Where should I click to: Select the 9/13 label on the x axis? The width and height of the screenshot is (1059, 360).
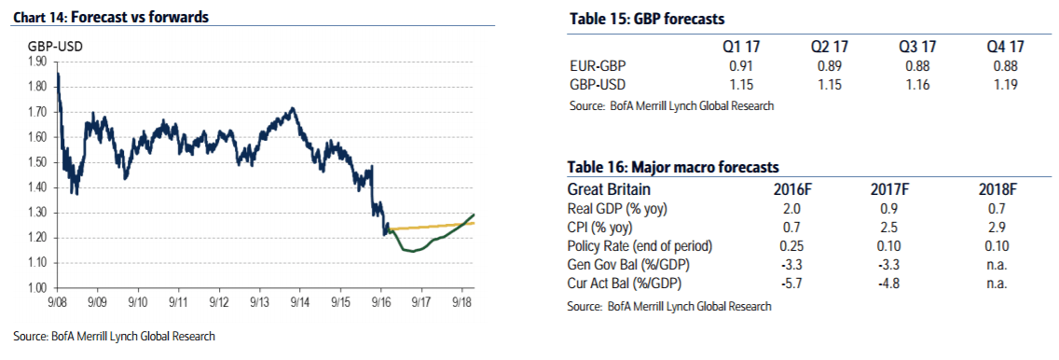[260, 302]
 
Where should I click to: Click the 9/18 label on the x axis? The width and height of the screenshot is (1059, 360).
[462, 302]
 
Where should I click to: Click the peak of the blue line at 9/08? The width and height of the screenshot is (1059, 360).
[59, 74]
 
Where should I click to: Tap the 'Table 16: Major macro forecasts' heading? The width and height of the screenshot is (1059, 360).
[672, 167]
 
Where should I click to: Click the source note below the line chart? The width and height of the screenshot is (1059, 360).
[115, 336]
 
